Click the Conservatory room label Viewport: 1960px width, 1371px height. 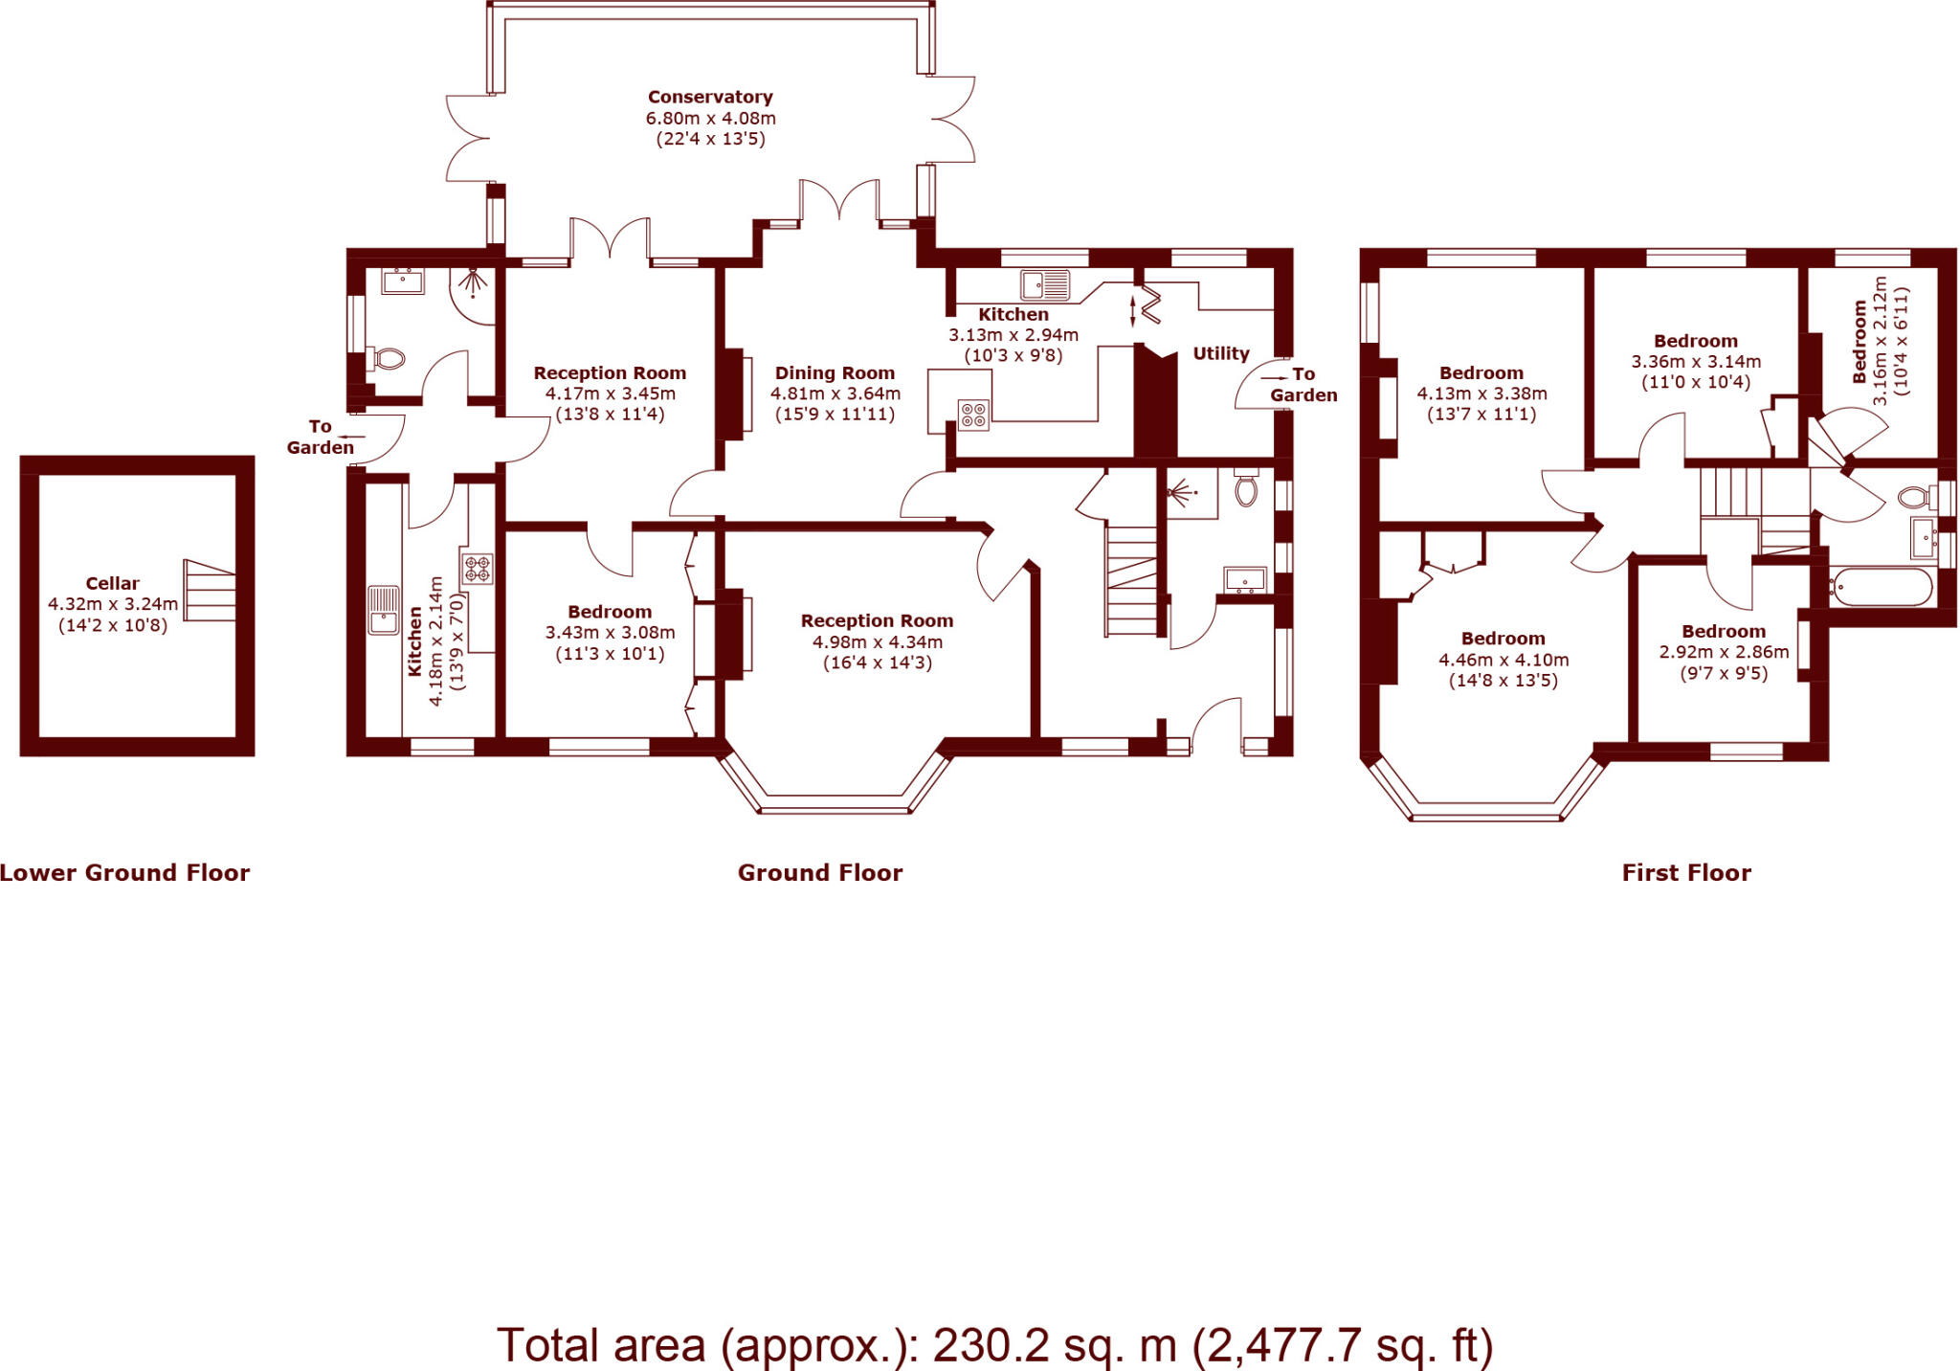710,97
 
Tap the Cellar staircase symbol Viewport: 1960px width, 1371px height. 210,591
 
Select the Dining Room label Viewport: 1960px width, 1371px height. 835,373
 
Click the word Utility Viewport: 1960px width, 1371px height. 1220,353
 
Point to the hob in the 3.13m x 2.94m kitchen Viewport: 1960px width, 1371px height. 973,416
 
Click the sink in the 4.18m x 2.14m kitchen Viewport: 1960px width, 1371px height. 384,610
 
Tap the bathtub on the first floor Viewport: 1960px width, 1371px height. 1881,587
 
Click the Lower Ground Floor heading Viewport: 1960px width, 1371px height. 124,872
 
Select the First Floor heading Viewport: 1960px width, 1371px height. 1686,872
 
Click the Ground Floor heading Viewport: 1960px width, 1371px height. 820,872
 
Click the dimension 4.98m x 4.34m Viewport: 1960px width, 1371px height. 878,642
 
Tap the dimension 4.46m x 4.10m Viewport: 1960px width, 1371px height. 1503,660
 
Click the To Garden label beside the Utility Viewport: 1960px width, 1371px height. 1303,385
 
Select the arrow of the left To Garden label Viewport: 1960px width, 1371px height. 352,437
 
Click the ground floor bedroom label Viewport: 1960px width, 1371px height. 610,612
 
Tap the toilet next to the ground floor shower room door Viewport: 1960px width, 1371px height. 389,360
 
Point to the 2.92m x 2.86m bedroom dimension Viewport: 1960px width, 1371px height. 1724,652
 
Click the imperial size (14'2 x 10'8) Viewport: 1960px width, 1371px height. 113,625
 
